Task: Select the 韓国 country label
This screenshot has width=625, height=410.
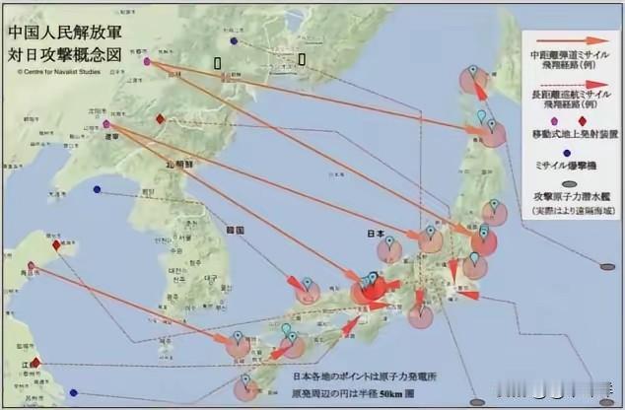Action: click(235, 229)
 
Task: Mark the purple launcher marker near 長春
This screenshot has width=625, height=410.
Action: click(147, 61)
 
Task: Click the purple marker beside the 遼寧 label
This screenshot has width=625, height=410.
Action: click(106, 125)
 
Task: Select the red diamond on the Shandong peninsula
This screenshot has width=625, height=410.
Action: click(57, 245)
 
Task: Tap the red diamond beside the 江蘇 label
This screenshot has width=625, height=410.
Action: click(36, 363)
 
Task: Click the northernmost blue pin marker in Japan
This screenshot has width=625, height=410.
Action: click(473, 71)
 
